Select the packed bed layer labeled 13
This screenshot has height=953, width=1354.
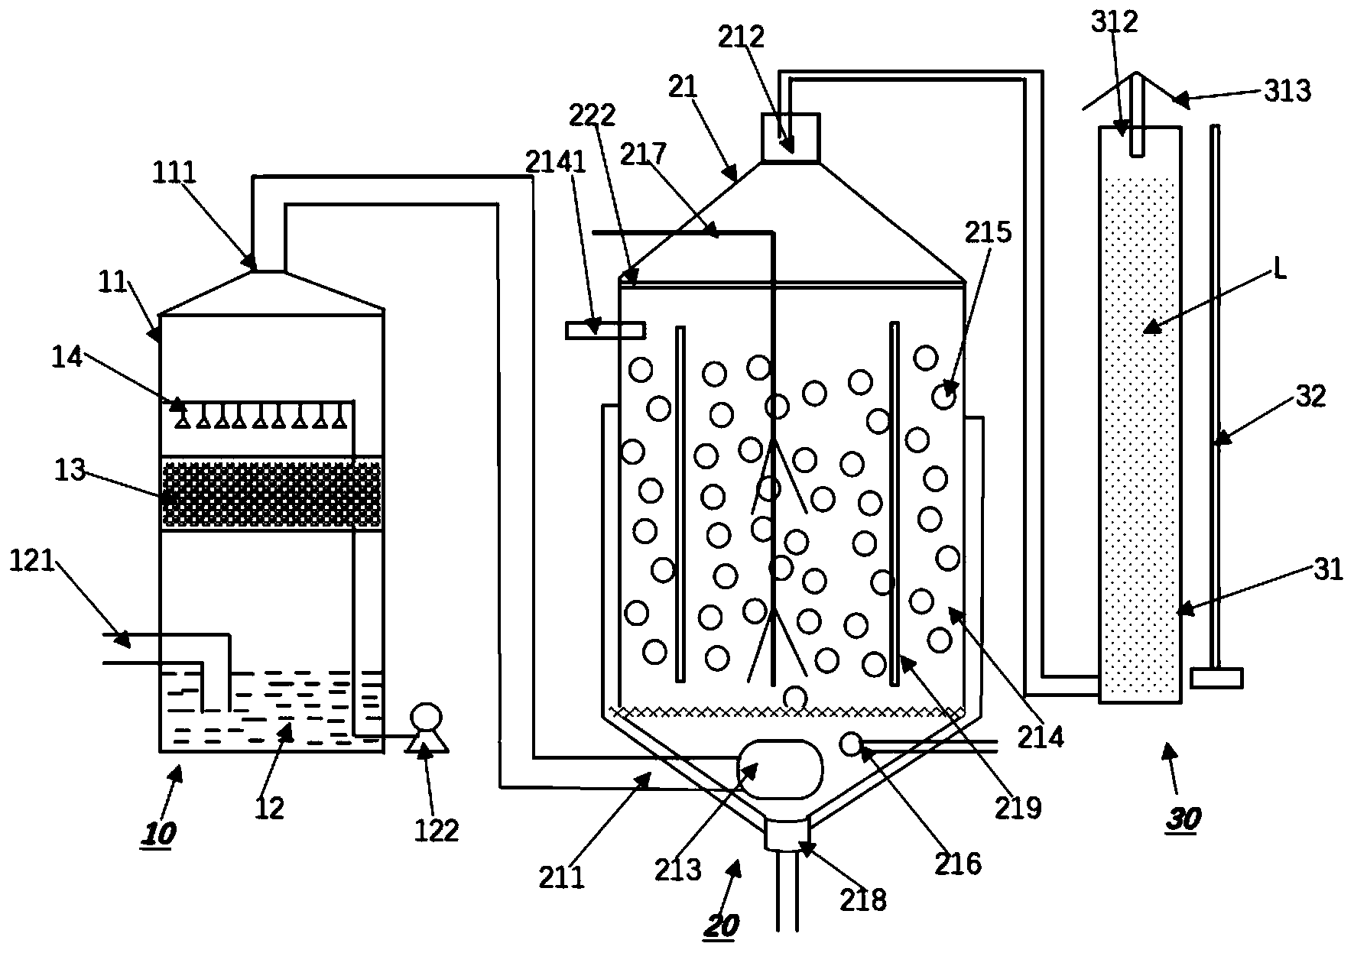pyautogui.click(x=271, y=493)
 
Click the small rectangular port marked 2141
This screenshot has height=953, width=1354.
pyautogui.click(x=605, y=330)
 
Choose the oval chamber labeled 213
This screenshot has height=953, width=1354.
pyautogui.click(x=780, y=769)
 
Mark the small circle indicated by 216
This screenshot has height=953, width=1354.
pyautogui.click(x=851, y=744)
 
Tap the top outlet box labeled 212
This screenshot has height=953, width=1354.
pyautogui.click(x=791, y=138)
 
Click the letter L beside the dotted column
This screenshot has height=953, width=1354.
pyautogui.click(x=1277, y=271)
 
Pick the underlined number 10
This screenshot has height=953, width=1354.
pyautogui.click(x=158, y=831)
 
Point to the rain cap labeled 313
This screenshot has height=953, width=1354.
pyautogui.click(x=1136, y=92)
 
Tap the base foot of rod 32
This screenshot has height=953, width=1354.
pyautogui.click(x=1216, y=677)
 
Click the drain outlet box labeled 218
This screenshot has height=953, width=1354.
pyautogui.click(x=787, y=834)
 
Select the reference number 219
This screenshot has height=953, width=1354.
pyautogui.click(x=1019, y=807)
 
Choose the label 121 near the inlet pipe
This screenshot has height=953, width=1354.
pyautogui.click(x=32, y=561)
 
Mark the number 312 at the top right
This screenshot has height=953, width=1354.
pyautogui.click(x=1115, y=23)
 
